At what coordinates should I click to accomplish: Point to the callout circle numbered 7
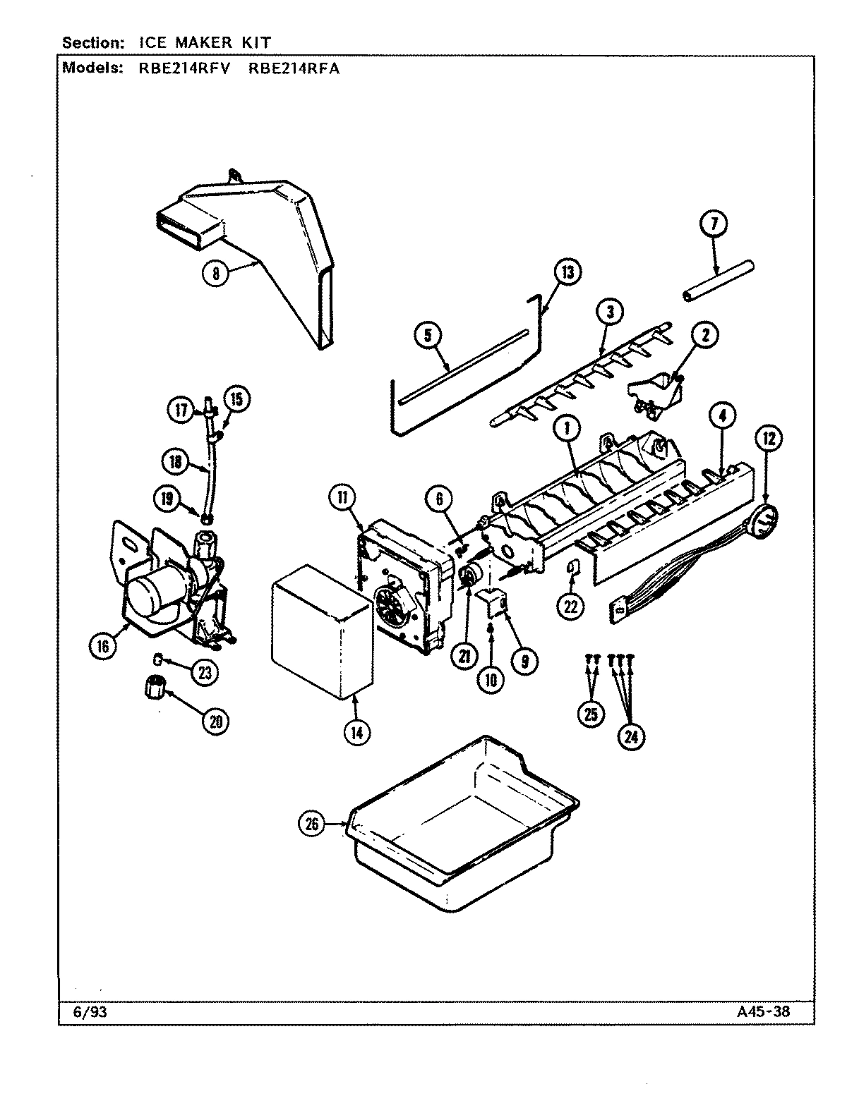pyautogui.click(x=714, y=225)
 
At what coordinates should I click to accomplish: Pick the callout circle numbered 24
pyautogui.click(x=630, y=736)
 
